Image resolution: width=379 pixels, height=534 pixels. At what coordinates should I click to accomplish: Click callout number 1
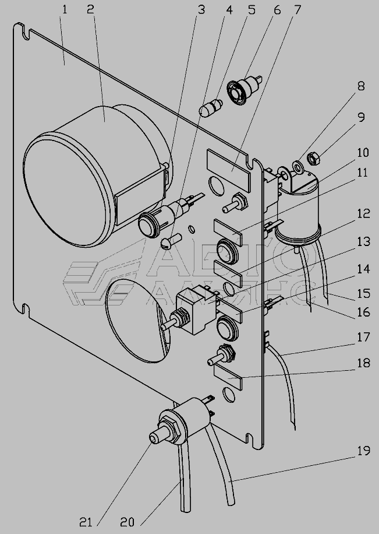click(x=64, y=9)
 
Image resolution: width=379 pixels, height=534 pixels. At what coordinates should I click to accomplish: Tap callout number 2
click(x=90, y=9)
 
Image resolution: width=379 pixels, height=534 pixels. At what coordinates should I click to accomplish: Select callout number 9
click(x=361, y=117)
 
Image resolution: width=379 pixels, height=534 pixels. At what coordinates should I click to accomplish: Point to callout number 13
click(x=363, y=242)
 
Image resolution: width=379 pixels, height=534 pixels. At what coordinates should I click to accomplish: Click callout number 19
click(x=363, y=451)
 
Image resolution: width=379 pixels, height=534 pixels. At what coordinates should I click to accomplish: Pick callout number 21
click(x=86, y=522)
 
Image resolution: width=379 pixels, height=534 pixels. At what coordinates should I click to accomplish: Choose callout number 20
click(x=127, y=522)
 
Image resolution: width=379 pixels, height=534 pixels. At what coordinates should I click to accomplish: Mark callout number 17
click(x=363, y=337)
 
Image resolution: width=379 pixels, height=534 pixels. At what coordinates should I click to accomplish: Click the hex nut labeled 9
click(x=313, y=159)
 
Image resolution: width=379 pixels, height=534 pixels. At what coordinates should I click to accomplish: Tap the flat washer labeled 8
click(x=299, y=167)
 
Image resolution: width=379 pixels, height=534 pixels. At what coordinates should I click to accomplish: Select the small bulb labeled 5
click(x=211, y=107)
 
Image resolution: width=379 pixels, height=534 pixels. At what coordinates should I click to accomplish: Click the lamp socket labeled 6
click(x=244, y=90)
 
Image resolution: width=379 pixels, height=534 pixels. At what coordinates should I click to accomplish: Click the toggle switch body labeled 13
click(x=197, y=310)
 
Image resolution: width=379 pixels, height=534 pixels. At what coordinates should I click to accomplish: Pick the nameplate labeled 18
click(x=228, y=377)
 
